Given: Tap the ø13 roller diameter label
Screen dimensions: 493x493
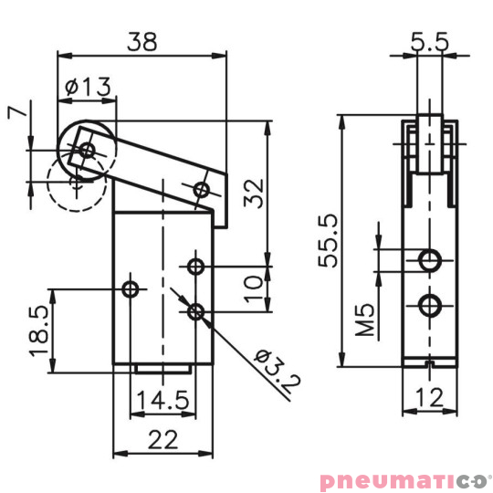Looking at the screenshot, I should pos(89,87).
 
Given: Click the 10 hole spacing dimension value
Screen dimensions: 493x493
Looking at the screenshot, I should pos(257,289).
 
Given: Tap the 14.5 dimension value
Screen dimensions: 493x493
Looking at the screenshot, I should pos(162,400).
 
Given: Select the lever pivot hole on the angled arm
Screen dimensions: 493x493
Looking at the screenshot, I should pos(202,189).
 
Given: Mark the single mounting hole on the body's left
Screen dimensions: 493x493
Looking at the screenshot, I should pos(131,290).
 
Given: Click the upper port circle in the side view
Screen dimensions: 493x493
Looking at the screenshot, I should pos(428,261).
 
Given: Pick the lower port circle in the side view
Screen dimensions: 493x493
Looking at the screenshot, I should pos(428,305).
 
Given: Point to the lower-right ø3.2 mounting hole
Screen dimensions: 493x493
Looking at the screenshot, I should pos(195,313).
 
